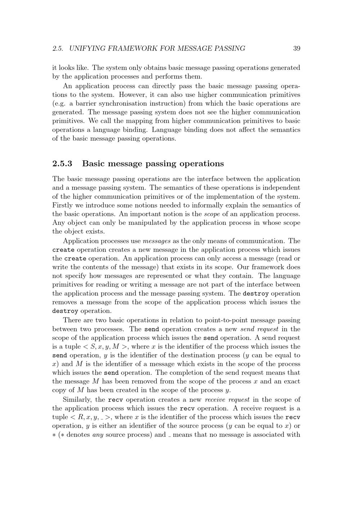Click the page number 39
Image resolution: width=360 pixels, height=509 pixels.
tap(297, 49)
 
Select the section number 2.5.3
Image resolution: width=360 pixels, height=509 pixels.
tap(62, 164)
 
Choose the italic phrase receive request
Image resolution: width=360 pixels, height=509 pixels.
tap(227, 400)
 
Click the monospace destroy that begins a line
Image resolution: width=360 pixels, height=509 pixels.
tap(65, 311)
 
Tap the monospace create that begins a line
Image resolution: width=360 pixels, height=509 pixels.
tap(63, 250)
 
